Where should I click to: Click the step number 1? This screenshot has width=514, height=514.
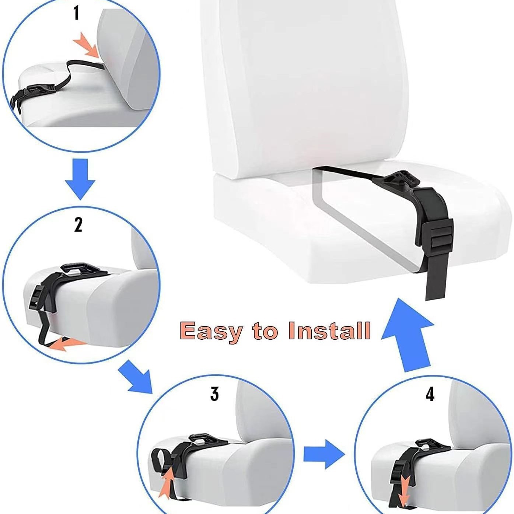click(x=76, y=14)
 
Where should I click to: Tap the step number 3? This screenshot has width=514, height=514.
click(x=215, y=395)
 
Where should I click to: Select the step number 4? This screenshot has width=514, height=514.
click(x=430, y=394)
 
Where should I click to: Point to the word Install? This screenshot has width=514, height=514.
click(x=330, y=330)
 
